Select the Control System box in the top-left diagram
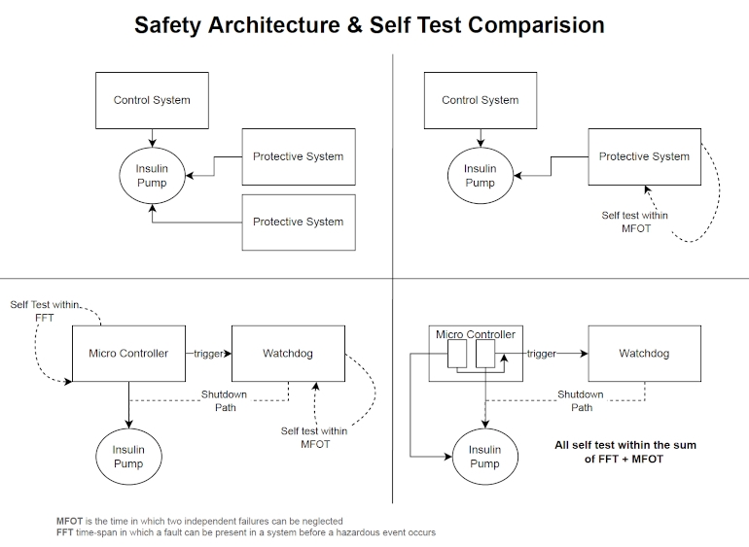152,100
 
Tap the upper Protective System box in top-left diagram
299,156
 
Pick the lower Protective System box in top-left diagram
299,222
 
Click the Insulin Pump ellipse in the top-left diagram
152,176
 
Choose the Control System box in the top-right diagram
481,100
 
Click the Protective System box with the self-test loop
644,156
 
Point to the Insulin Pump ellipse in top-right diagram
480,176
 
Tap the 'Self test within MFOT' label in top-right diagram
634,222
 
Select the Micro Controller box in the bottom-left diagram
129,354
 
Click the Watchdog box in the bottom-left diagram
287,354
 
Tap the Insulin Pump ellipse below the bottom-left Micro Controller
128,457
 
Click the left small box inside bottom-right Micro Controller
457,355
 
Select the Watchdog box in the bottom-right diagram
644,354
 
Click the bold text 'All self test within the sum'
624,445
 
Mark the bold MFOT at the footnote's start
70,522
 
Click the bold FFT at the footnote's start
65,532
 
